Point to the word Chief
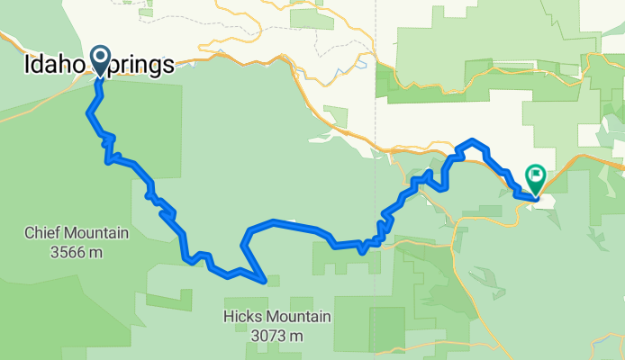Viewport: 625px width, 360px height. coord(41,234)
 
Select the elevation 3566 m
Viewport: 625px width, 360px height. coord(76,252)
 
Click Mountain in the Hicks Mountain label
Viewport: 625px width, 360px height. coord(302,317)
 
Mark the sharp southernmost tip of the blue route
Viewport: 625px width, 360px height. coord(265,281)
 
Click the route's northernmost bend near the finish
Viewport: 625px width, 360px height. coord(472,141)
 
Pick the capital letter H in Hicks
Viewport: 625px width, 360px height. coord(229,317)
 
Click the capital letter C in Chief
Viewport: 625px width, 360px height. coord(28,234)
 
